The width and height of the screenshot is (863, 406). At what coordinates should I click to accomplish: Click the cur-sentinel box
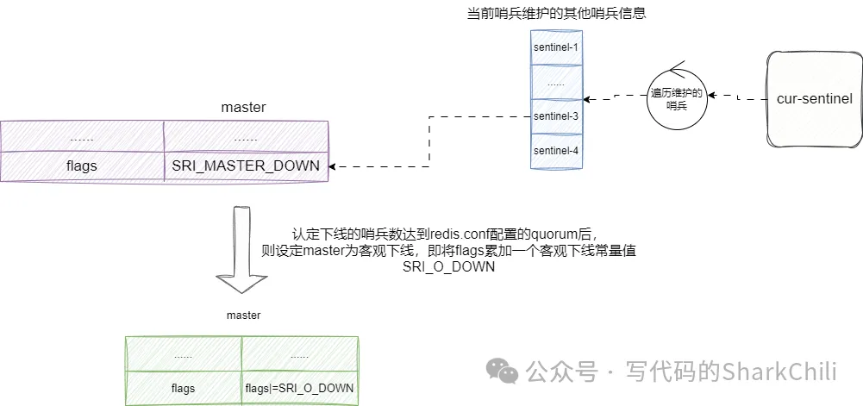tap(814, 99)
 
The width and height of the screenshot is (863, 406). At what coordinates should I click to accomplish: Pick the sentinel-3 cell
tap(555, 115)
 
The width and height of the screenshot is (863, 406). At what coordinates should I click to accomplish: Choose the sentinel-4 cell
tap(555, 150)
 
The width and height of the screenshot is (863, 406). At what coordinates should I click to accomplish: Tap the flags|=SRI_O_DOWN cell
tap(299, 388)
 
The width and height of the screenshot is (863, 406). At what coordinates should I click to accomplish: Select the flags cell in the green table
tap(184, 388)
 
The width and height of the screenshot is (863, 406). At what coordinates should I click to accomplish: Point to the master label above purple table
tap(243, 108)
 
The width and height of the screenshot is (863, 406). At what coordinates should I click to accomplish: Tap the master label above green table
tap(243, 315)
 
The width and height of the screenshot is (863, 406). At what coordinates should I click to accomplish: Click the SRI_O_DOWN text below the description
tap(448, 267)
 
